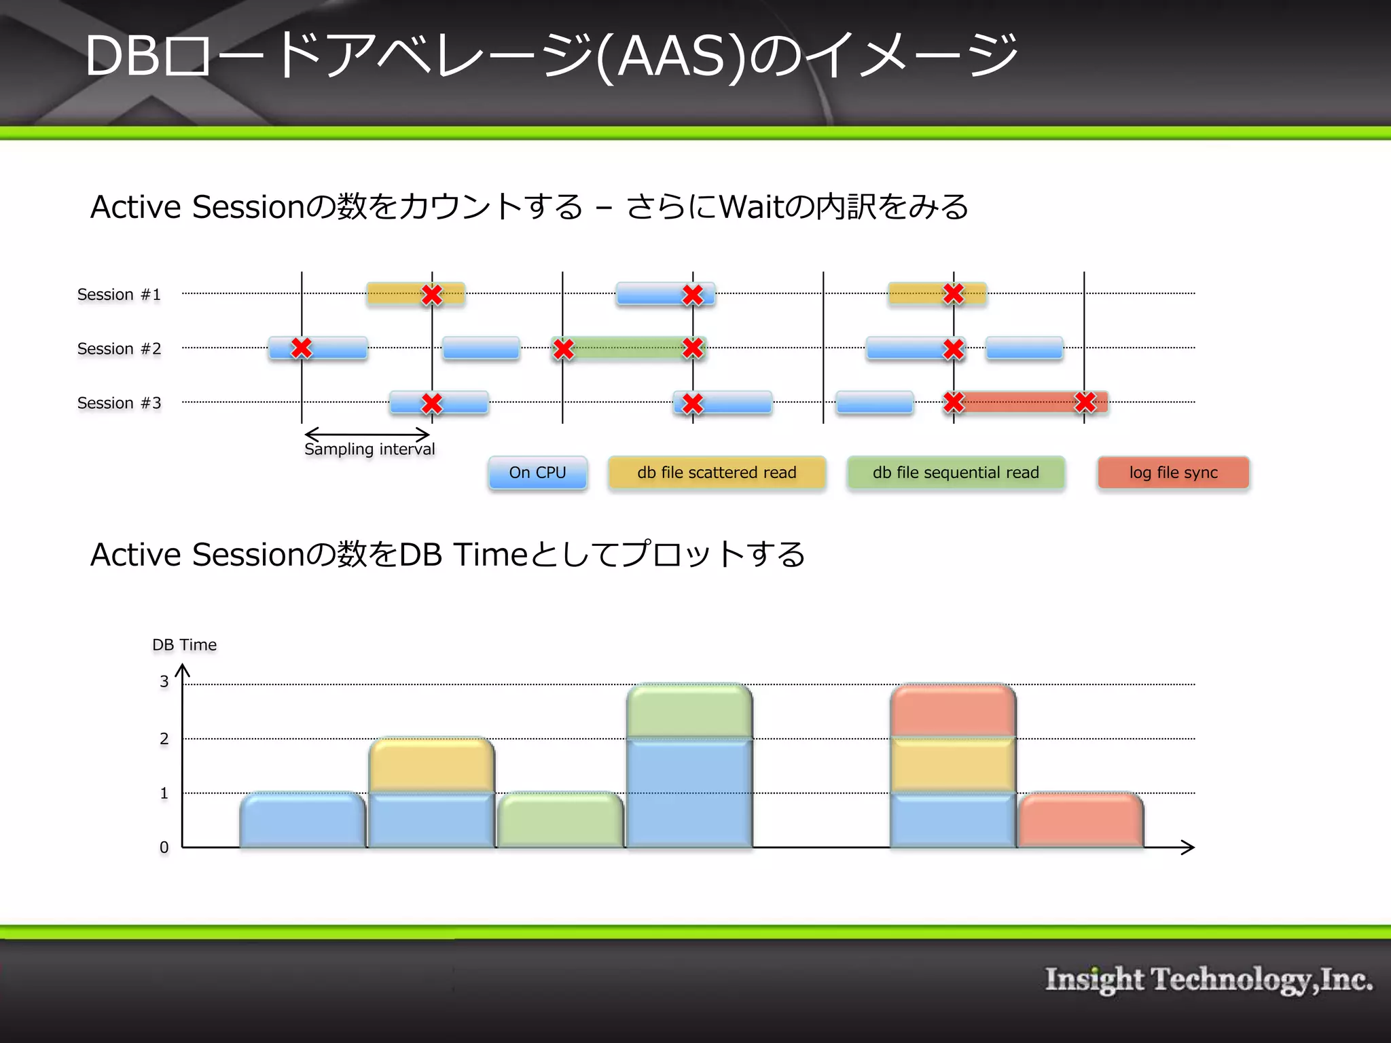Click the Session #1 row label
(x=119, y=295)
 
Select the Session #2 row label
(x=119, y=349)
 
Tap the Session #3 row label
(x=119, y=403)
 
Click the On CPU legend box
(x=537, y=473)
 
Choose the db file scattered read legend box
(x=717, y=473)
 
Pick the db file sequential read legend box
(x=956, y=473)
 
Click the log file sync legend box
(x=1173, y=473)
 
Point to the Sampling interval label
(x=369, y=450)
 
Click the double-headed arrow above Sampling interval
(x=367, y=435)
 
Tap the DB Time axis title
(x=184, y=645)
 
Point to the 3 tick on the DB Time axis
(x=164, y=682)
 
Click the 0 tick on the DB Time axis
(x=164, y=847)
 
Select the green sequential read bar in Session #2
(x=628, y=348)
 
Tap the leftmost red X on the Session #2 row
(x=302, y=348)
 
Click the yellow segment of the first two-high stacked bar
(x=432, y=765)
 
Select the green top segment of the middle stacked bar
(x=689, y=711)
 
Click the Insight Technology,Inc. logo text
(x=1209, y=980)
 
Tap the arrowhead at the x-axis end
(x=1189, y=847)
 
